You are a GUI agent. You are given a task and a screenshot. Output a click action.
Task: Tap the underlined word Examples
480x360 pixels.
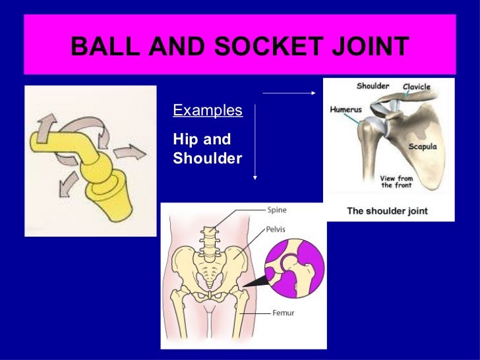[207, 110]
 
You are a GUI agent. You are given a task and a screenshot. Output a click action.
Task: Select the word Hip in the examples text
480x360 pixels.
[186, 140]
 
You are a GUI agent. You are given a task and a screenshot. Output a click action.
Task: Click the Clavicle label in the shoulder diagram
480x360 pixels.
[417, 86]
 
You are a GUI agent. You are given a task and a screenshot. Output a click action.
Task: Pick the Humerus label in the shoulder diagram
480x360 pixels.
[345, 110]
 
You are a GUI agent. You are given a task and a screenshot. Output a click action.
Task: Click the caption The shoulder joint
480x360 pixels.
[388, 212]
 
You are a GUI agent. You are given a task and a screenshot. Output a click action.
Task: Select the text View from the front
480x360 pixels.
[398, 181]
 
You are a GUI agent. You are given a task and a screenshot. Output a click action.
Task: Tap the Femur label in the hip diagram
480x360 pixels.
[284, 313]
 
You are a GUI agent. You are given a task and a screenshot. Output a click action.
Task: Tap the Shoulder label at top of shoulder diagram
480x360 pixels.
[373, 86]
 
